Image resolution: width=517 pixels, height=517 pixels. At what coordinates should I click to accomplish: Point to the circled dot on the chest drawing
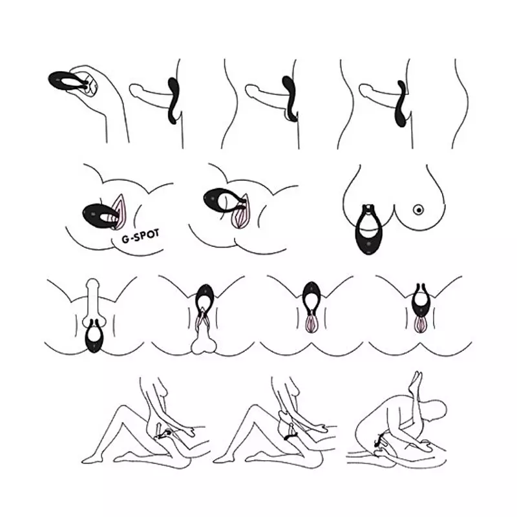click(418, 209)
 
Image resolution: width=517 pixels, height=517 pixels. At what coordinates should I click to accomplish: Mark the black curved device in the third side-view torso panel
click(401, 104)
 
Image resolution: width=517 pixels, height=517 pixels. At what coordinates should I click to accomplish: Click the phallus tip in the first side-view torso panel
click(134, 90)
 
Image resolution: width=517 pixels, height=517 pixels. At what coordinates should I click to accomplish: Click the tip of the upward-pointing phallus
click(92, 284)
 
